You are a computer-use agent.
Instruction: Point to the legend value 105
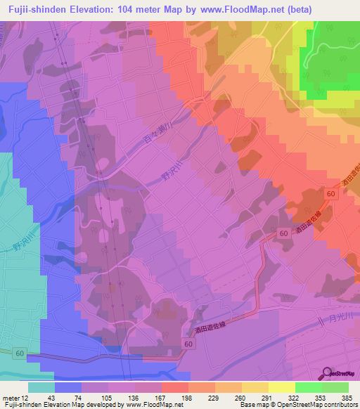tap(95, 397)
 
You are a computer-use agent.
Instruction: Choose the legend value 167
tap(140, 397)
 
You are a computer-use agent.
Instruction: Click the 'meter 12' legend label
tap(15, 397)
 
